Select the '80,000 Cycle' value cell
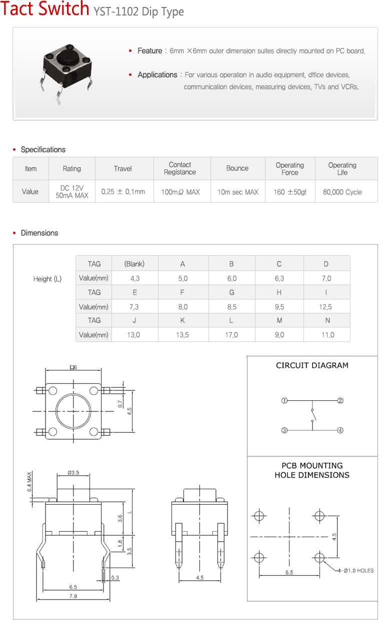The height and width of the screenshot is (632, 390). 342,192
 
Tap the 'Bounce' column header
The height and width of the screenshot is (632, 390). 237,168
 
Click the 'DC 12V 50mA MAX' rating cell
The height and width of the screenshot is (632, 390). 71,192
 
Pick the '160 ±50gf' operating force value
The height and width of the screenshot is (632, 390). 290,192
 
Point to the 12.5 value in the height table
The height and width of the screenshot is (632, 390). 325,307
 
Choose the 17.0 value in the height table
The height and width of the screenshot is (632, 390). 231,335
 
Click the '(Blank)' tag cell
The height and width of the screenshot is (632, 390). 134,264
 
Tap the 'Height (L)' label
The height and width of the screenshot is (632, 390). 47,279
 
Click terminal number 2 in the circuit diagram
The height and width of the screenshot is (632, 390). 340,400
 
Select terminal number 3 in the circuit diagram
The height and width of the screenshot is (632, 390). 284,430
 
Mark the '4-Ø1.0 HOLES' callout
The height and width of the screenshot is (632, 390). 355,571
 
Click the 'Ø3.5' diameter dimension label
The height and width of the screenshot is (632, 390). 73,472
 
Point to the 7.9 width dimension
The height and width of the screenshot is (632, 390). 73,596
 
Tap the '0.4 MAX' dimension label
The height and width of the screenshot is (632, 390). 30,482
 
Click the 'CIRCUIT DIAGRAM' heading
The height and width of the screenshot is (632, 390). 312,365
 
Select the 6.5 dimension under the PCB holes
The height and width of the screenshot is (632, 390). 289,573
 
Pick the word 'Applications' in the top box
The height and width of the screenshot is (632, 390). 157,75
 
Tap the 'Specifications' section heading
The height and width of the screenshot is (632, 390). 43,150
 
